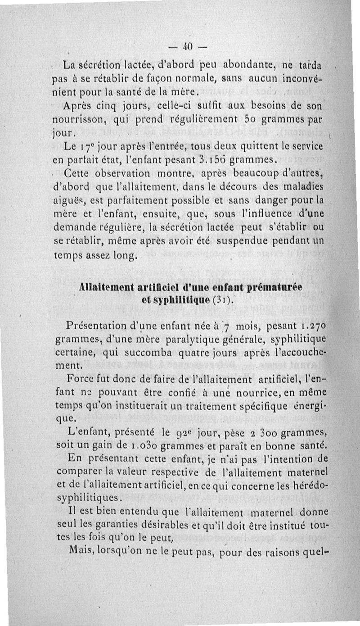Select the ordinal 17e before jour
tap(81, 146)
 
